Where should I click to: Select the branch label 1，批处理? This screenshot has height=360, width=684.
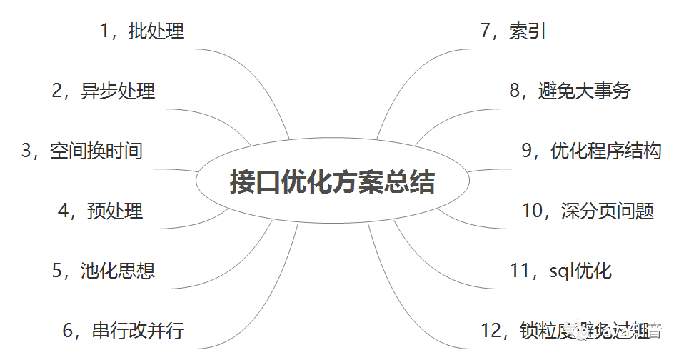[x=142, y=31]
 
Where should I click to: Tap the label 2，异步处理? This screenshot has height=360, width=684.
[x=103, y=91]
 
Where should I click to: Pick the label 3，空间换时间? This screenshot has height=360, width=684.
[x=81, y=151]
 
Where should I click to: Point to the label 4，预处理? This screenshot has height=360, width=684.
[x=100, y=211]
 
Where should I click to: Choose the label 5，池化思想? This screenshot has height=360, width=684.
[x=103, y=270]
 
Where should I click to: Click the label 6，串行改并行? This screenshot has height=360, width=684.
[x=123, y=331]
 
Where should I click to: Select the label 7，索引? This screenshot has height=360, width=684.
[x=513, y=31]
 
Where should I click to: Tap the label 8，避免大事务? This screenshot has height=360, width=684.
[x=570, y=91]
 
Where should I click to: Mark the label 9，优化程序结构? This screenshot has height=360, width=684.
[x=591, y=151]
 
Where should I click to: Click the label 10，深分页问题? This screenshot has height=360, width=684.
[x=588, y=211]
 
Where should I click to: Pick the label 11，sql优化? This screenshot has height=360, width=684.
[x=560, y=271]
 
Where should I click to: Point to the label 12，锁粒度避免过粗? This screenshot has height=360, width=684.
[x=571, y=331]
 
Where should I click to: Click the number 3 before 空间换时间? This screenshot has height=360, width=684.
[x=27, y=151]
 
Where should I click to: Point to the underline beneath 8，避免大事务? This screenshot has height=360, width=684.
[x=571, y=109]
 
